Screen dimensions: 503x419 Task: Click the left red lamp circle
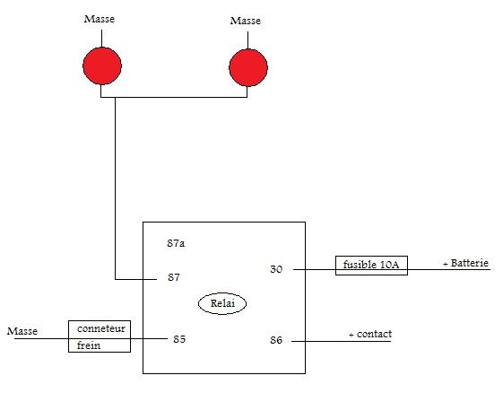coord(102,66)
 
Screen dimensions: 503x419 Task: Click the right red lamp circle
coord(248,68)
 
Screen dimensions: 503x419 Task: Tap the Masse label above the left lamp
coord(100,19)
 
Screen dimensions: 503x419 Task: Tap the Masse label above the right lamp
coord(246,21)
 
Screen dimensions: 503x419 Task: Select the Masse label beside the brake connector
coord(22,331)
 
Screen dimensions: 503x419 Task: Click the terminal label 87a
coord(176,243)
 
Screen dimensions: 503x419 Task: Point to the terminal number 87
coord(174,277)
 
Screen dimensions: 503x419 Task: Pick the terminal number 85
coord(179,339)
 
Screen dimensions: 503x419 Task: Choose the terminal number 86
coord(276,340)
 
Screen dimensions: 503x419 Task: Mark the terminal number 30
coord(276,269)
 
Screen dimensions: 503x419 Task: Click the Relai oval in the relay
coord(222,303)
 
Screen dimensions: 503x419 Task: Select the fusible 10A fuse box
coord(371,266)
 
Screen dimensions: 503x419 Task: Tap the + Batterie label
coord(465,263)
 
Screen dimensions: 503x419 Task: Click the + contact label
coord(370,335)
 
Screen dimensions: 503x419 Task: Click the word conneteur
coord(101,328)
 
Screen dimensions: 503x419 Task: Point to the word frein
coord(89,345)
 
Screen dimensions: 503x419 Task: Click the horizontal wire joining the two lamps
coord(174,97)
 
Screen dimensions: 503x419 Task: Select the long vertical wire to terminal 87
coord(115,188)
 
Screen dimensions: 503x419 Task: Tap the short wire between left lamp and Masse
coord(101,39)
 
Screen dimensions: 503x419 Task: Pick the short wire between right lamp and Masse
coord(247,40)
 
